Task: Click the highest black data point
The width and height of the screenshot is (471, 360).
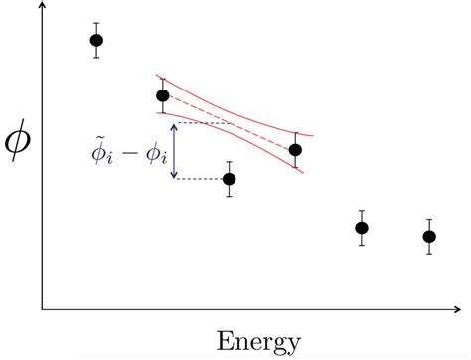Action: tap(96, 40)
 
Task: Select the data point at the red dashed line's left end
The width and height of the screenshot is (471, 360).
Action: tap(163, 95)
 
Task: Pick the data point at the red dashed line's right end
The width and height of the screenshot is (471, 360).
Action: tap(295, 150)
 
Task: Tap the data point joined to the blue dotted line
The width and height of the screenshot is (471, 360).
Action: tap(229, 179)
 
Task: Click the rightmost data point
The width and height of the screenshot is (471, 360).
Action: tap(429, 237)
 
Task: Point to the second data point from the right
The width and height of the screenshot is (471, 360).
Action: tap(362, 228)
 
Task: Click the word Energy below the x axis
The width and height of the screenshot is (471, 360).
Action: tap(258, 342)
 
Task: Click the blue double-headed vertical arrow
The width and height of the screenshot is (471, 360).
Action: tap(174, 151)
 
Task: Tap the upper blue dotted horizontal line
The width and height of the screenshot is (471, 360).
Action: tap(204, 122)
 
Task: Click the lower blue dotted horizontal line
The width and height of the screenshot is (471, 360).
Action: tap(199, 179)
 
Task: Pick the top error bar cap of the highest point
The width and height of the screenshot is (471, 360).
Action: tap(96, 22)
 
